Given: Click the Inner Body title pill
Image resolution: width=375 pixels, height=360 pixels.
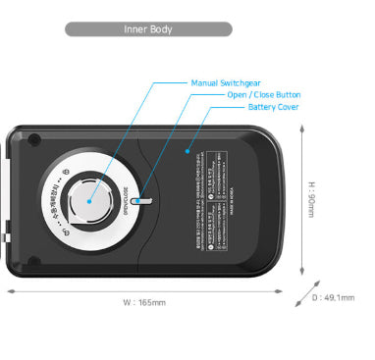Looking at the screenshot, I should (148, 29).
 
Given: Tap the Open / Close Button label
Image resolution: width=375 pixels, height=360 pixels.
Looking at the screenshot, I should (264, 94).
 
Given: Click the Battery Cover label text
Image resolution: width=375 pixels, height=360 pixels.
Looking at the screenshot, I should (273, 107).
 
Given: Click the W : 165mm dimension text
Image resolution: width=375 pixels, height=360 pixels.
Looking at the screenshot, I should (143, 303).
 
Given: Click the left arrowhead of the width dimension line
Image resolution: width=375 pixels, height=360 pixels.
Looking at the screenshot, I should (10, 290).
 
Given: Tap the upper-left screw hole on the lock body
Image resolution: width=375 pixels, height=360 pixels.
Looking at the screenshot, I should (34, 136).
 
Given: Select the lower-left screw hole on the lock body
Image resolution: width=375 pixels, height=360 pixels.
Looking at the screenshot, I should (34, 261).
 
